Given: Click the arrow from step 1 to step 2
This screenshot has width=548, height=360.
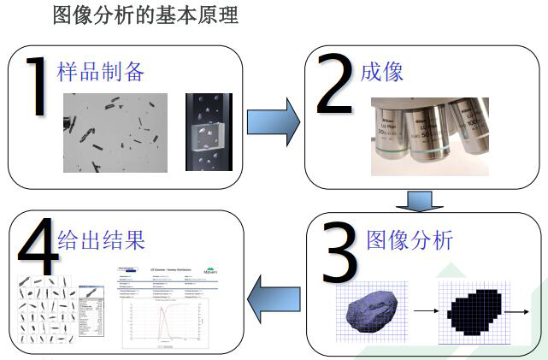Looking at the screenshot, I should pos(273,122).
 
